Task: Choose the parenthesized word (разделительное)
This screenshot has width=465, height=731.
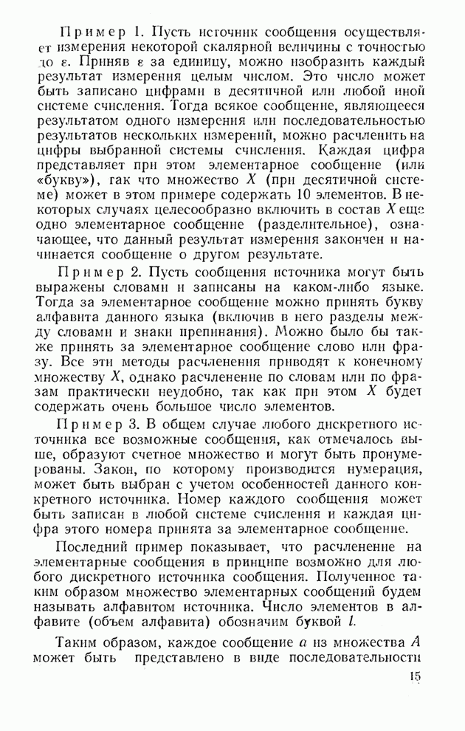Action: click(311, 225)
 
